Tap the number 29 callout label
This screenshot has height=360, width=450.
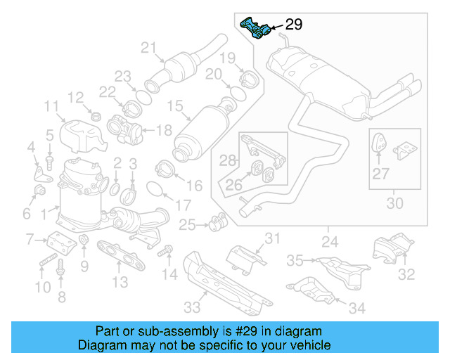[293, 25]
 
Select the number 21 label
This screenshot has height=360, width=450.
[148, 48]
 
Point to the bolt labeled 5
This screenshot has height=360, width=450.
[50, 161]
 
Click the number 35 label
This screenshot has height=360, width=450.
[295, 261]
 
